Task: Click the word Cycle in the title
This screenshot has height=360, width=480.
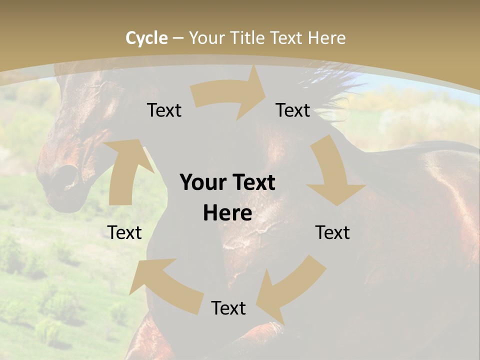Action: (x=146, y=38)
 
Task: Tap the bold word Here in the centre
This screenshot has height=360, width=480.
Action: (x=227, y=213)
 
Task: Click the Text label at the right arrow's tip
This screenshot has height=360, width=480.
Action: (x=293, y=110)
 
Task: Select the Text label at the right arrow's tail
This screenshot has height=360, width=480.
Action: (x=164, y=110)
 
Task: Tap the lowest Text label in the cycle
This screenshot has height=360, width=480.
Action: (x=228, y=308)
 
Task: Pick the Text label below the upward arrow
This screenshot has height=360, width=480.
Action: (x=124, y=232)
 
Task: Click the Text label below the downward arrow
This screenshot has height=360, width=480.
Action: (x=332, y=232)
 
